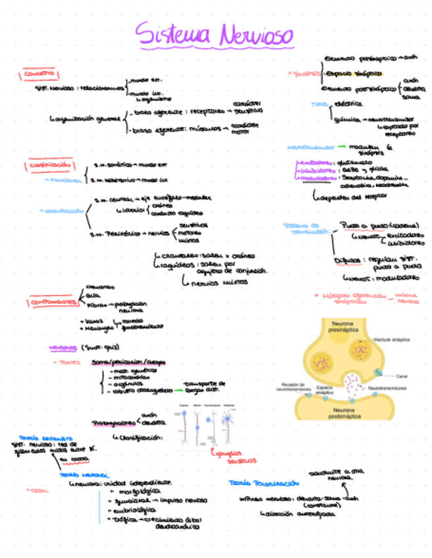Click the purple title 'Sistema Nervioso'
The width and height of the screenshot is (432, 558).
(x=215, y=34)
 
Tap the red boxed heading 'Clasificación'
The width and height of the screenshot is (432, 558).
(x=50, y=165)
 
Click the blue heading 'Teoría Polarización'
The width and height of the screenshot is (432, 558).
(x=258, y=483)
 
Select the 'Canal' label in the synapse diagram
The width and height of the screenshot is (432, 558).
(x=401, y=376)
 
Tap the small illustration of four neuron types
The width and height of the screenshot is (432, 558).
(x=208, y=428)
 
